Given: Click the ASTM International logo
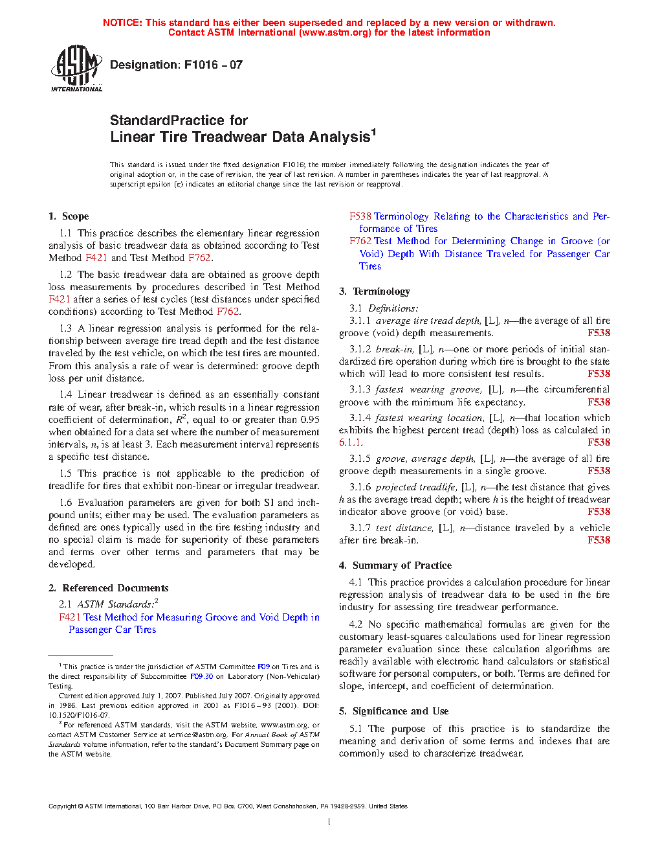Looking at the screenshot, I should (76, 68).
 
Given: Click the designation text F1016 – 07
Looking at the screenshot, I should (176, 65).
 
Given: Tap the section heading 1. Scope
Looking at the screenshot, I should (69, 216).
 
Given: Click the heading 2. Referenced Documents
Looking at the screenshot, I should (108, 588).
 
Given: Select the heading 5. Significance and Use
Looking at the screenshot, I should (393, 711).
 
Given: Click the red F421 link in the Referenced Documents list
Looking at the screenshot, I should (70, 617).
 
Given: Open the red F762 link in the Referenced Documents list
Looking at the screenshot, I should (360, 241).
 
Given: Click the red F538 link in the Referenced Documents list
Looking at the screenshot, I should (360, 216).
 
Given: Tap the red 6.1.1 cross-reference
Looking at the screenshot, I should (351, 442).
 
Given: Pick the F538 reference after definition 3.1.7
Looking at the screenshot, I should (599, 540).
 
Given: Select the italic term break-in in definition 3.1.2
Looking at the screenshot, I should (394, 349).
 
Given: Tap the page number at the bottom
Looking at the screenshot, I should (329, 822).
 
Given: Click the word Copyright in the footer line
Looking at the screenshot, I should (62, 806).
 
